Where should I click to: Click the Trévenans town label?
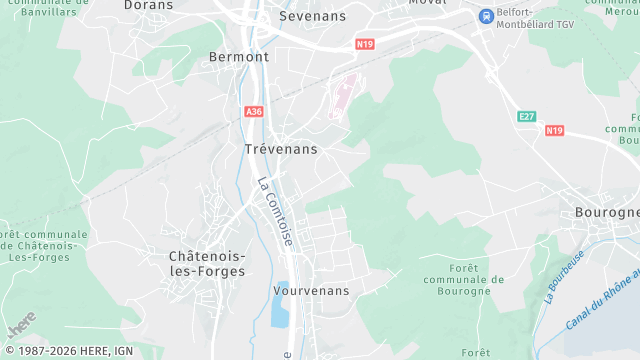pyautogui.click(x=281, y=149)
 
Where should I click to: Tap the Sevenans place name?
pyautogui.click(x=312, y=17)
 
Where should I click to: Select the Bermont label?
pyautogui.click(x=239, y=57)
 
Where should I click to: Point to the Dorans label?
pyautogui.click(x=148, y=5)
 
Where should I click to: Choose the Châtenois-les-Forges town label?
pyautogui.click(x=207, y=263)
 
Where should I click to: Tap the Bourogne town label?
pyautogui.click(x=607, y=214)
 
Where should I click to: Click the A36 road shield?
pyautogui.click(x=253, y=112)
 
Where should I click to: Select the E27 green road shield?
pyautogui.click(x=527, y=117)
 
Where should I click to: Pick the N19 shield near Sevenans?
pyautogui.click(x=365, y=45)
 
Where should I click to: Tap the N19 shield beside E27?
pyautogui.click(x=555, y=131)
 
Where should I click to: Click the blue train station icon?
pyautogui.click(x=485, y=16)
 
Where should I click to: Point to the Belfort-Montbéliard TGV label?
pyautogui.click(x=529, y=17)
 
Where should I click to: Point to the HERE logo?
pyautogui.click(x=20, y=325)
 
